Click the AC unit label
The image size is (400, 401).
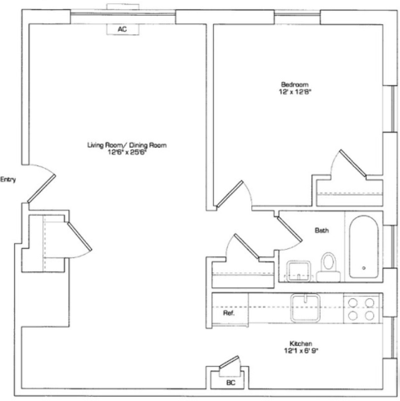(122, 29)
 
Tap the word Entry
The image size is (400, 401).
(8, 180)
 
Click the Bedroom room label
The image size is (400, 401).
(295, 84)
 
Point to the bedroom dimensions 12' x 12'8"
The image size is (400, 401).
(295, 92)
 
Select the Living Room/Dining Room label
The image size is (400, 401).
(127, 145)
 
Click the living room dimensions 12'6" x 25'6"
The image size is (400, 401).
(127, 152)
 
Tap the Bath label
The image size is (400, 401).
(322, 231)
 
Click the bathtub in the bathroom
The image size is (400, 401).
(364, 246)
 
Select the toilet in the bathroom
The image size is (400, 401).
(328, 267)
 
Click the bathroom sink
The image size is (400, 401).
(299, 271)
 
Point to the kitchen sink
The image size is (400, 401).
(306, 308)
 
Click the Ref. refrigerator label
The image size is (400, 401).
(229, 313)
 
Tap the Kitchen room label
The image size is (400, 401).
(301, 343)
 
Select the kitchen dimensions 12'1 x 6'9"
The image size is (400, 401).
(301, 351)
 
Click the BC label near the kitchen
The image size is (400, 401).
(230, 383)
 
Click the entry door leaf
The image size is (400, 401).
(42, 189)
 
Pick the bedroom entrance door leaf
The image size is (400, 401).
(230, 194)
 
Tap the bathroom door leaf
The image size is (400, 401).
(290, 230)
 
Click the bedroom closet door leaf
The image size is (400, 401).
(352, 163)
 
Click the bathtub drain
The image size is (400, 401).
(364, 268)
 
